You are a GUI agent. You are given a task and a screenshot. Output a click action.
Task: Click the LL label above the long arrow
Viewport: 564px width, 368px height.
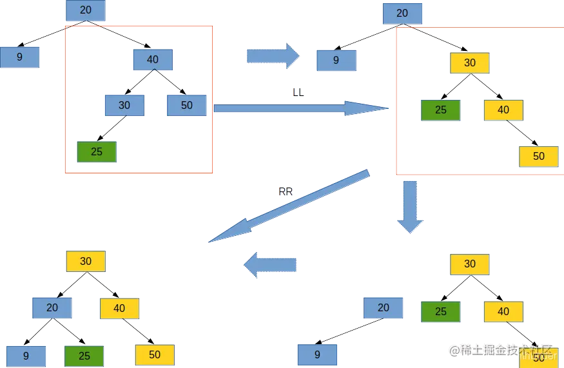(x=298, y=93)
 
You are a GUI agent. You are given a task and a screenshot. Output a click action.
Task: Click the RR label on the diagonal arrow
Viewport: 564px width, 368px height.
(x=286, y=191)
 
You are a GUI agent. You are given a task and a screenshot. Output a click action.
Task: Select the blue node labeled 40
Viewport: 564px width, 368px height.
(x=153, y=59)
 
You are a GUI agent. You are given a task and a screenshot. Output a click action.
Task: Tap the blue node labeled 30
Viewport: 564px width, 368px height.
(x=124, y=105)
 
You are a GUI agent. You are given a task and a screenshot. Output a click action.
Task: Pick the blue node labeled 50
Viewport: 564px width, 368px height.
(x=187, y=105)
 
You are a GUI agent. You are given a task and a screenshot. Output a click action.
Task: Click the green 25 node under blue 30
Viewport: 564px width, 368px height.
(x=97, y=152)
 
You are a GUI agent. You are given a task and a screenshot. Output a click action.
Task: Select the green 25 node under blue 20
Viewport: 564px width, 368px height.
(x=85, y=355)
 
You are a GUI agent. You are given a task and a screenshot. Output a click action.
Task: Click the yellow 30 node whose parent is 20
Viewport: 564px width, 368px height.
(x=470, y=63)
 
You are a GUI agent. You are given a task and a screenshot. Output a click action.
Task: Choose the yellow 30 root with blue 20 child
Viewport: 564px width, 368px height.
(x=86, y=262)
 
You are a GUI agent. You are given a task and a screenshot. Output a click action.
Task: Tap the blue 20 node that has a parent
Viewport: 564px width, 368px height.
(x=52, y=308)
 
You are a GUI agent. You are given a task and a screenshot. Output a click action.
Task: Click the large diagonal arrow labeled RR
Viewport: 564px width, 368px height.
(x=290, y=206)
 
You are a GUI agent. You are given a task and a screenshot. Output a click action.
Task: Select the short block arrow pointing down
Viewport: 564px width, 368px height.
(x=410, y=206)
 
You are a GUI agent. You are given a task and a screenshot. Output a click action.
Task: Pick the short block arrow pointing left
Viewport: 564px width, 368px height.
(x=271, y=264)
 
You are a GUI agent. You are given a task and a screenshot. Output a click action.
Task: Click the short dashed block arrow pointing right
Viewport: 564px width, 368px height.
(x=273, y=57)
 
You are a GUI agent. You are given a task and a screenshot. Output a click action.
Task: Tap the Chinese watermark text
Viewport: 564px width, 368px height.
(x=503, y=351)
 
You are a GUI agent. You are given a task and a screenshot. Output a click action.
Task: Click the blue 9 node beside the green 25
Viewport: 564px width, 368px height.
(x=26, y=355)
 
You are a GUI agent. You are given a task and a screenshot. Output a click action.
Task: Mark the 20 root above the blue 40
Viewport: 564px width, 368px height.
(x=86, y=10)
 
